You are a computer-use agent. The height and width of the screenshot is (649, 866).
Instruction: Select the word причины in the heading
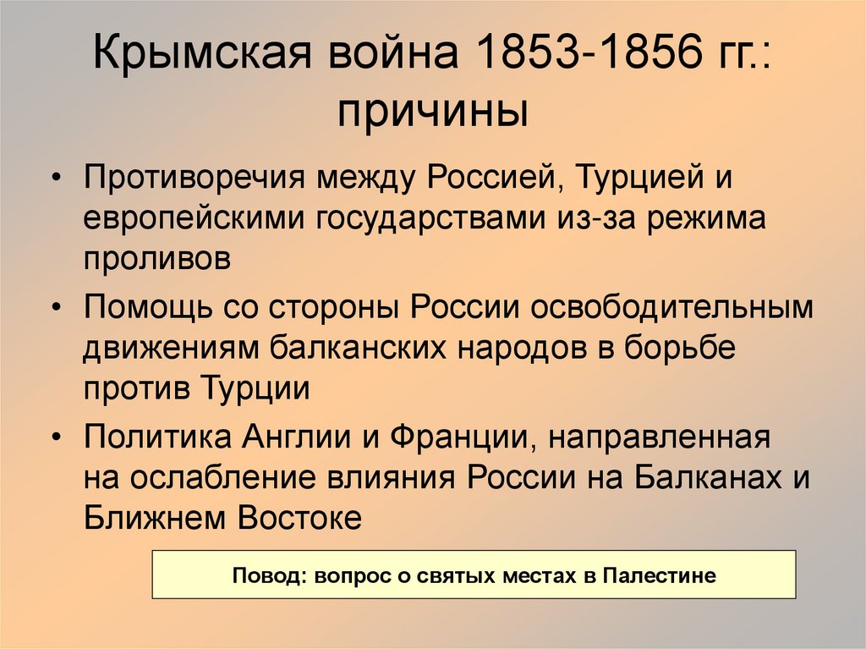pos(432,112)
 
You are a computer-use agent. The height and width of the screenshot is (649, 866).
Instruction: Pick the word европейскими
pos(195,219)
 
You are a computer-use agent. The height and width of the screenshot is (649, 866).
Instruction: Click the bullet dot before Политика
pos(57,438)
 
